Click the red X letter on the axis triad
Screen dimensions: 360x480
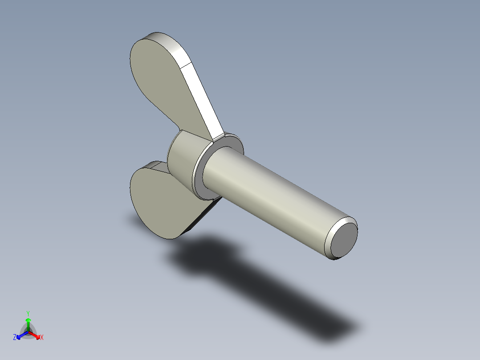click(x=42, y=337)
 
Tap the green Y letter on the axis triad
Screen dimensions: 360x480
click(x=28, y=313)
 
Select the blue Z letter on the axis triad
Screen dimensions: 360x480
click(x=15, y=337)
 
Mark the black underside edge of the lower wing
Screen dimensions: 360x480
click(x=203, y=217)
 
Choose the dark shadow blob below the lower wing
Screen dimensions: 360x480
click(x=200, y=256)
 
